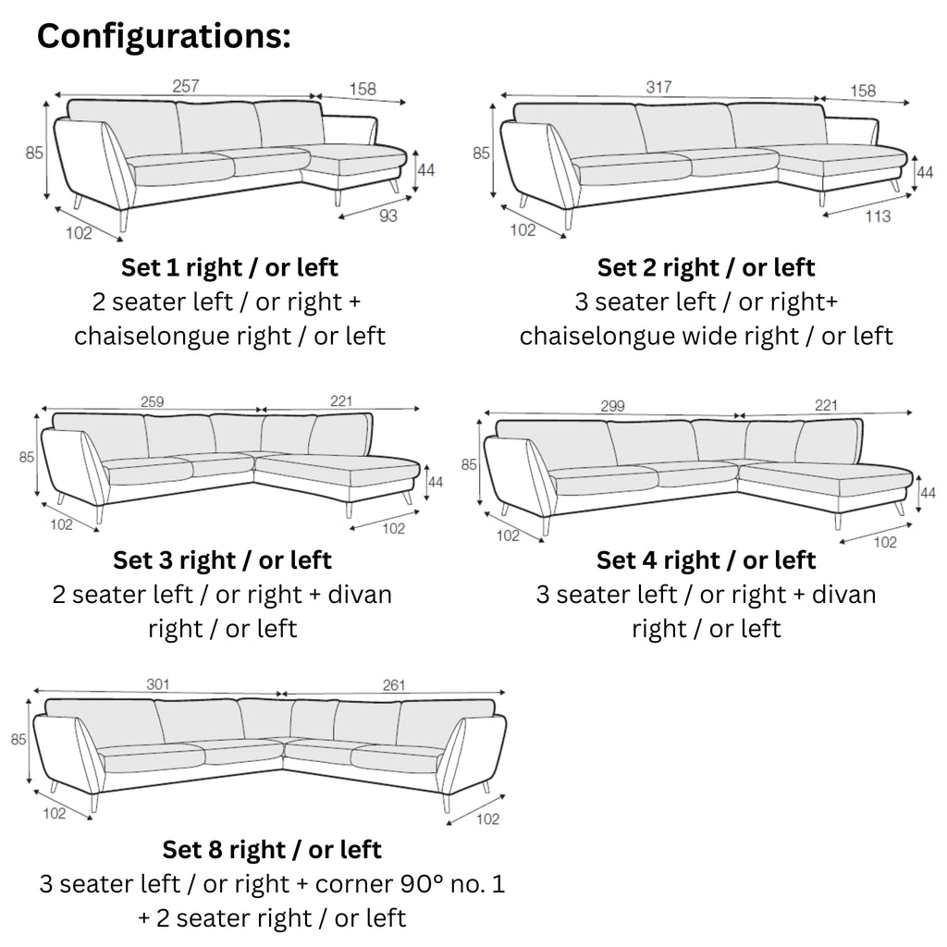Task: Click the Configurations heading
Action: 164,36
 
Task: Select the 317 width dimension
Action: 659,88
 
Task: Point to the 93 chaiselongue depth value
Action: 388,216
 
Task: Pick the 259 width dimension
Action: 152,402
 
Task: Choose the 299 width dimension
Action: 612,406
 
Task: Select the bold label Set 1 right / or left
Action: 229,268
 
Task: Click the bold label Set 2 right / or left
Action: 706,268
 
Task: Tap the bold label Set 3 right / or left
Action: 222,560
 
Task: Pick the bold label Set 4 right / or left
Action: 706,560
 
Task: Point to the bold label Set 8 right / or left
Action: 272,849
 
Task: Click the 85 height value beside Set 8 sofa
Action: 18,740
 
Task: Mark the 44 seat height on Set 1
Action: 426,170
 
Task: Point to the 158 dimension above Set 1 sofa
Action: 362,90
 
